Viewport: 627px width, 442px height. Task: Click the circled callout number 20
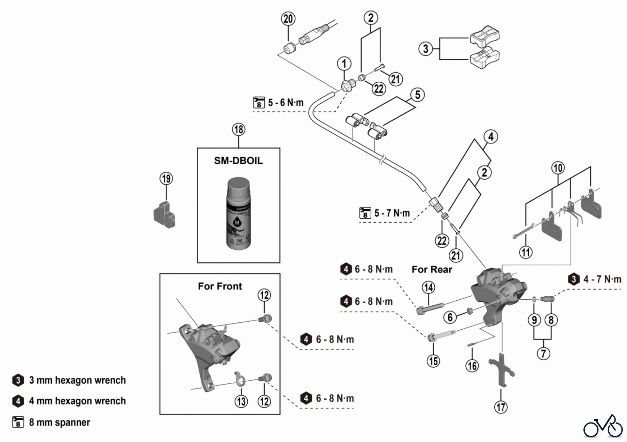pos(288,19)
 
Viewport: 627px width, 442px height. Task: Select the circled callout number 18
pos(239,130)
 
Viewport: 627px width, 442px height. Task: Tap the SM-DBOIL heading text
pos(239,161)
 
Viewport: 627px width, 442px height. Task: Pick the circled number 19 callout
pos(166,179)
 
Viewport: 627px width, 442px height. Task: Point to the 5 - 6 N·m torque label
pos(285,103)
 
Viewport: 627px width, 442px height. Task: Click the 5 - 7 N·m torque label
pos(392,213)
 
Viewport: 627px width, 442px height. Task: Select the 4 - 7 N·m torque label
pos(602,279)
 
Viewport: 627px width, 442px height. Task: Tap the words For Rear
pos(432,269)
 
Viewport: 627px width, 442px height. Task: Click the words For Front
pos(220,286)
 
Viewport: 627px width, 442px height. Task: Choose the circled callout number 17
pos(501,407)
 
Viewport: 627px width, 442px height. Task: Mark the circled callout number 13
pos(241,401)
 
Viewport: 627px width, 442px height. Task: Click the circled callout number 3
pos(425,48)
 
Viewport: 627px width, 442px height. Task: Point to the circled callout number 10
pos(558,168)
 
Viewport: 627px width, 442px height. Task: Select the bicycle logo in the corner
pos(603,426)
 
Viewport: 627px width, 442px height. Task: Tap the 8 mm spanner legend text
pos(59,422)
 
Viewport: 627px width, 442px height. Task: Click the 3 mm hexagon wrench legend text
pos(77,380)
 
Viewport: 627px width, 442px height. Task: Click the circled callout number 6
pos(450,317)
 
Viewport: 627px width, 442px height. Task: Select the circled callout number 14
pos(428,287)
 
